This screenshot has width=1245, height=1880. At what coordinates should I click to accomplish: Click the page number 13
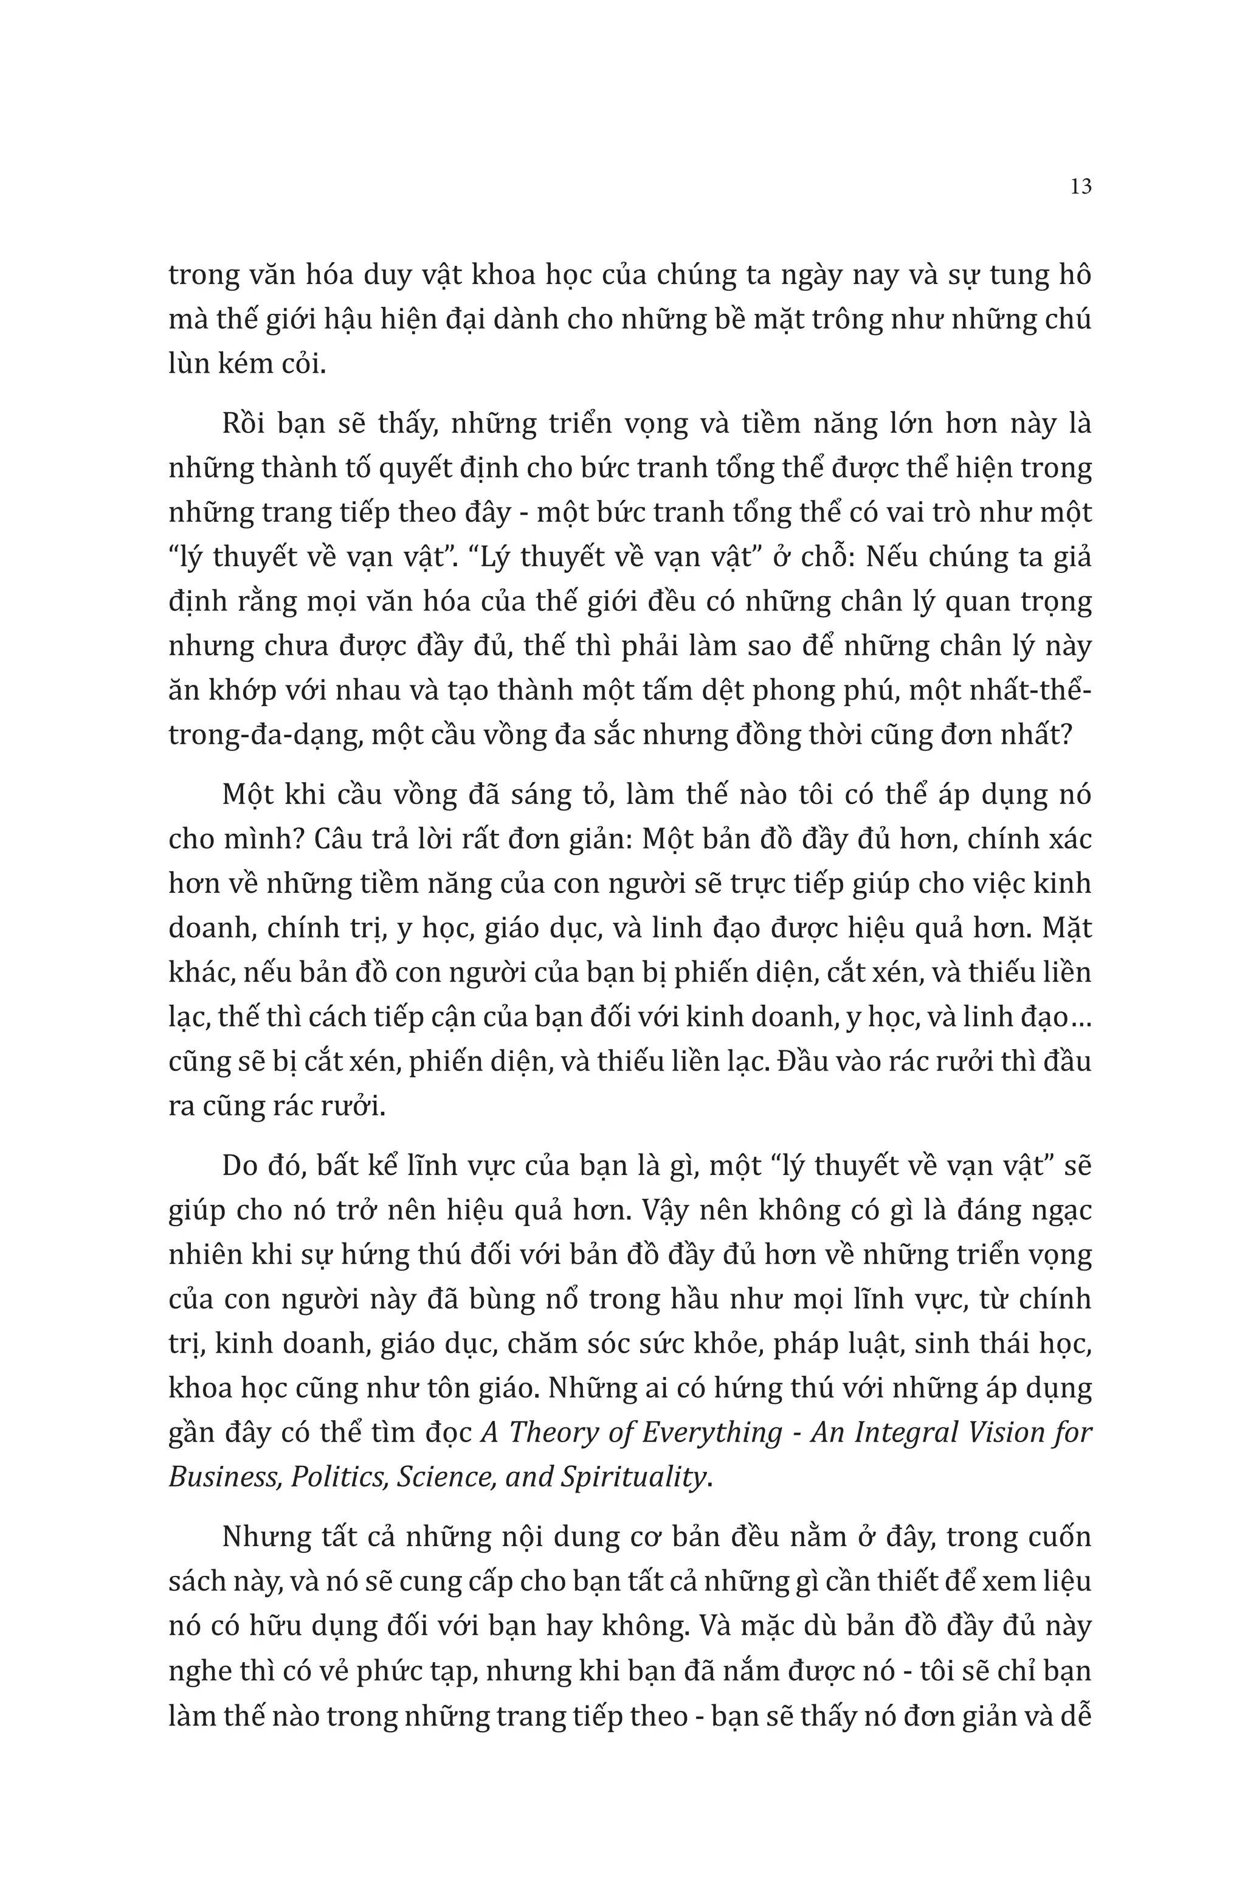(1081, 187)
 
